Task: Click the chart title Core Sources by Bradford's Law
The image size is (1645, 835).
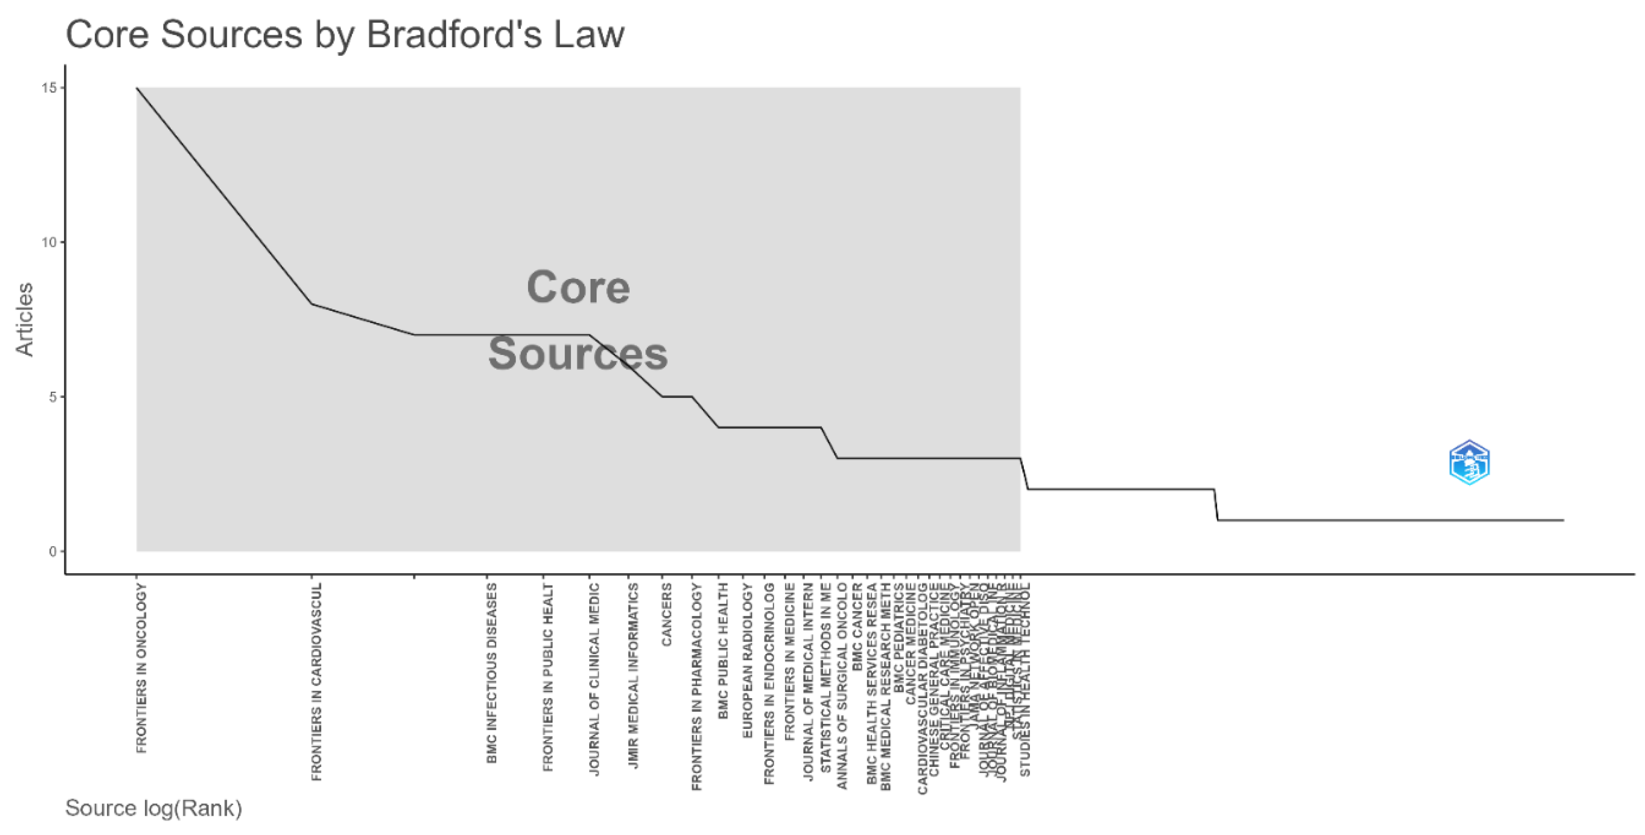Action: click(x=345, y=35)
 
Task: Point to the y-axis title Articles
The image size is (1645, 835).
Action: click(x=25, y=319)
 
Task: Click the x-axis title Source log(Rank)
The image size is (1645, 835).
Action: click(x=153, y=808)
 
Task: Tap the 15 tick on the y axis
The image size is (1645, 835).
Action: click(x=49, y=88)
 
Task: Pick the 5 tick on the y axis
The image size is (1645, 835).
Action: click(x=52, y=397)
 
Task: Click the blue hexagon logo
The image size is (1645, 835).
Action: click(x=1470, y=462)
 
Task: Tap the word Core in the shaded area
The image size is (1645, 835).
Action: click(x=578, y=287)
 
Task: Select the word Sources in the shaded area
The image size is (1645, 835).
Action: click(x=578, y=354)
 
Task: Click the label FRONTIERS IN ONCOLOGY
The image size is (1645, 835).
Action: click(x=141, y=668)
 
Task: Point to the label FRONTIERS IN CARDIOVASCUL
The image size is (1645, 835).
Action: click(x=317, y=682)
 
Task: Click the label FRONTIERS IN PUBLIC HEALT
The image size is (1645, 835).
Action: click(x=548, y=677)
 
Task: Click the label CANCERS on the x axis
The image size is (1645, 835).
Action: click(x=666, y=615)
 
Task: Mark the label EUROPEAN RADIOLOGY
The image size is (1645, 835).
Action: click(x=748, y=660)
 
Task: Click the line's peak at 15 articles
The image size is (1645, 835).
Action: click(x=137, y=88)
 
